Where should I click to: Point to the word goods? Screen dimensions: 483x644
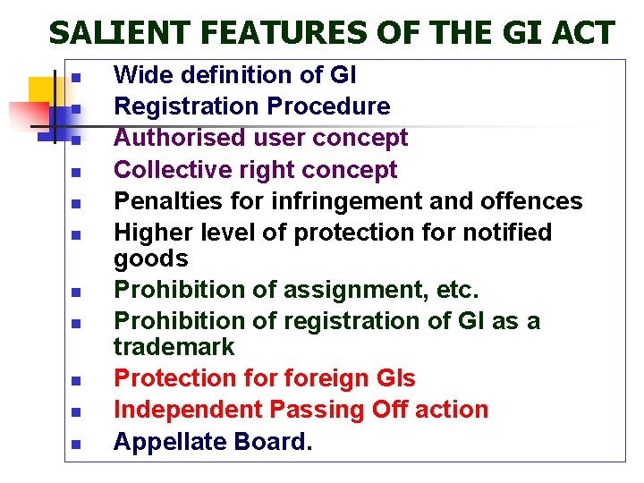coord(151,258)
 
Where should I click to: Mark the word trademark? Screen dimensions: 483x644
coord(174,346)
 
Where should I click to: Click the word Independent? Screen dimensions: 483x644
coord(184,409)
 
